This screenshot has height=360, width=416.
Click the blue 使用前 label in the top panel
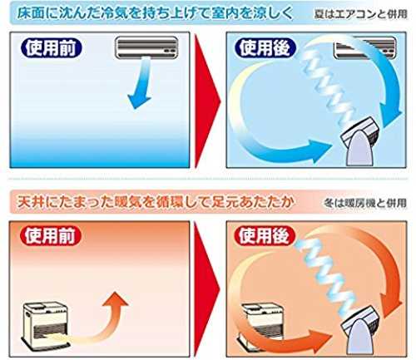coord(51,48)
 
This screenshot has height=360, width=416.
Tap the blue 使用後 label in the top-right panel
coord(265,48)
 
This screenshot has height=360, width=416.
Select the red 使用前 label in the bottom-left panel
coord(51,236)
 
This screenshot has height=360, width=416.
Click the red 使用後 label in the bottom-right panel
coord(265,236)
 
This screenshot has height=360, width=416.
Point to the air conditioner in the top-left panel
coord(146,47)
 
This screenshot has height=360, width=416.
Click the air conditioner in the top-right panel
coord(365,47)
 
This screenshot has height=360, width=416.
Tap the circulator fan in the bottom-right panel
coord(359,331)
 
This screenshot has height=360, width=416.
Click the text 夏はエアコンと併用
coord(361,14)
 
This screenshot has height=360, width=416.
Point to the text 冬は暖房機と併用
coord(365,203)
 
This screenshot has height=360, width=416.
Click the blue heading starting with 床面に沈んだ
coord(155,12)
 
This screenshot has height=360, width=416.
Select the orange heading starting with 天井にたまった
coord(156,202)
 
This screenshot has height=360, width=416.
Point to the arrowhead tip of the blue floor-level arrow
coord(332,146)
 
